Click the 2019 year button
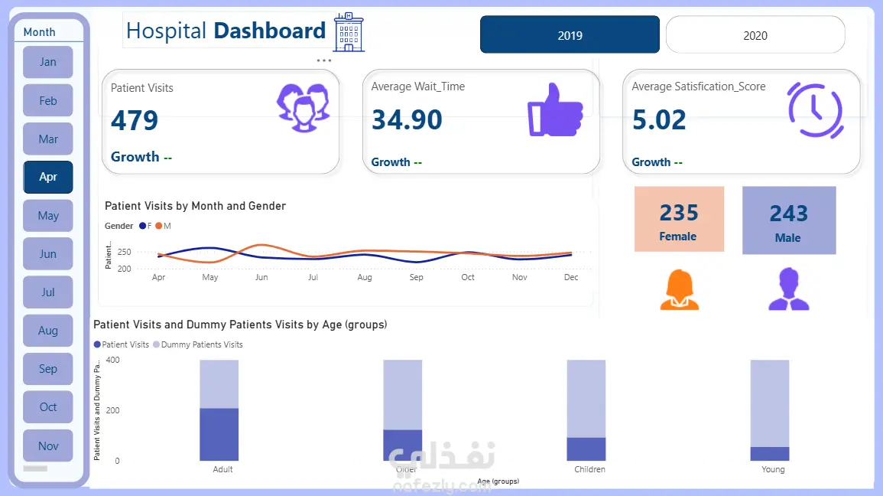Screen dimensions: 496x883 click(x=570, y=35)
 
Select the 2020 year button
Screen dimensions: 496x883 click(x=755, y=35)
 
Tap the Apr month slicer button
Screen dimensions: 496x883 click(x=48, y=177)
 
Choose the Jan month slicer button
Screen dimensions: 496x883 click(x=48, y=62)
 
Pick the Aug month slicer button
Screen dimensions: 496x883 click(x=48, y=331)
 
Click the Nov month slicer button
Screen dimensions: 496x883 click(x=48, y=445)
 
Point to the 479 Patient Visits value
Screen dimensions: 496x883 click(x=135, y=120)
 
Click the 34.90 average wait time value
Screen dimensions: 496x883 click(x=407, y=119)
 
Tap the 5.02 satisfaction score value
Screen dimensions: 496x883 click(x=659, y=119)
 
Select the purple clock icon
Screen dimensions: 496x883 click(x=815, y=110)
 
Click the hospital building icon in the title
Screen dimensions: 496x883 click(x=349, y=33)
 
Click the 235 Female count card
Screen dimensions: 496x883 click(x=679, y=219)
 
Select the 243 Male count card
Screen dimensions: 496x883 click(x=789, y=220)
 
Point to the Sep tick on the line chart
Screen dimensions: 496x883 click(x=416, y=277)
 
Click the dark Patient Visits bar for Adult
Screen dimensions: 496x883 click(x=219, y=434)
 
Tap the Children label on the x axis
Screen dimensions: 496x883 click(x=589, y=469)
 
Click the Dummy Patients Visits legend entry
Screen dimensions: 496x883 click(x=201, y=344)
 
